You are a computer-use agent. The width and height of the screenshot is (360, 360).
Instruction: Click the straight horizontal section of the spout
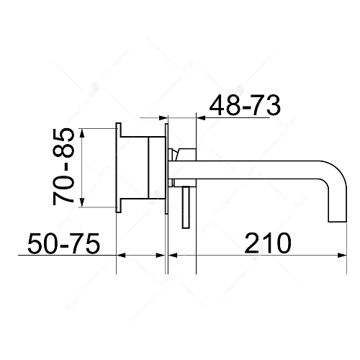coord(245,171)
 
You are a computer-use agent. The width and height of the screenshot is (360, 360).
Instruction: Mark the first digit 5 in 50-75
coord(35,243)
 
